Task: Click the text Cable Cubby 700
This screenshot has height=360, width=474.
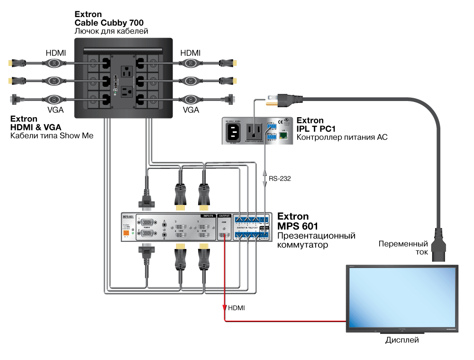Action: [109, 22]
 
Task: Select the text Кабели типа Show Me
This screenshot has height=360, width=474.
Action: [52, 136]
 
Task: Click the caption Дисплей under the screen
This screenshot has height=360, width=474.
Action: [402, 340]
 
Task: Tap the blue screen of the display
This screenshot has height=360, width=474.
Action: [402, 296]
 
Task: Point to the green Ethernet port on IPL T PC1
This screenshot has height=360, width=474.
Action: [284, 135]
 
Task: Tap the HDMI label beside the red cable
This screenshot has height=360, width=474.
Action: [237, 308]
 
